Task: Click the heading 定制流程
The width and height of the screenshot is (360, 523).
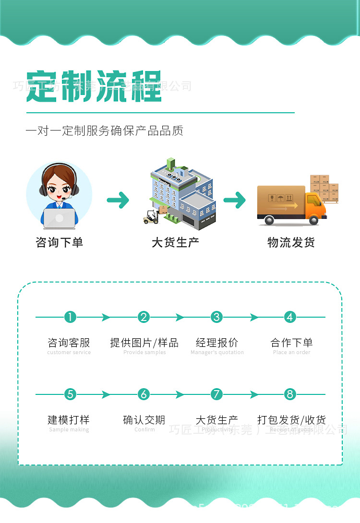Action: click(x=94, y=87)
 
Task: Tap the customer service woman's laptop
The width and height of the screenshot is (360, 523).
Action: click(x=59, y=218)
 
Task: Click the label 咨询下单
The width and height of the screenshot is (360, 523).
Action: click(x=59, y=242)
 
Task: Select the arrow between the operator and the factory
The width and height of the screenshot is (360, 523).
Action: click(x=118, y=200)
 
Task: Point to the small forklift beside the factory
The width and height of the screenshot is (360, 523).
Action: click(x=151, y=217)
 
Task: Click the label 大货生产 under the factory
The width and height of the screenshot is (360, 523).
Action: click(x=175, y=242)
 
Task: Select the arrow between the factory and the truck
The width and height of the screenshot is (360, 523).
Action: click(x=235, y=200)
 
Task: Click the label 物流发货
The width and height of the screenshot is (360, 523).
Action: click(x=291, y=242)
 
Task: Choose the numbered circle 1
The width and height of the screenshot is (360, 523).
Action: click(x=70, y=317)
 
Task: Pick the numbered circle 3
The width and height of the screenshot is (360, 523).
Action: click(x=217, y=317)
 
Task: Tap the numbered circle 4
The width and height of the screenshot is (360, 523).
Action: click(x=289, y=317)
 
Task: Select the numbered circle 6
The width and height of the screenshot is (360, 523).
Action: click(x=144, y=394)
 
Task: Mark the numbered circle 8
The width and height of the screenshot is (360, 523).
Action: click(x=289, y=394)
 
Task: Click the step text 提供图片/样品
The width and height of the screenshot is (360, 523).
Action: click(x=144, y=343)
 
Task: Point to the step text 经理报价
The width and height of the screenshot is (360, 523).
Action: click(x=217, y=343)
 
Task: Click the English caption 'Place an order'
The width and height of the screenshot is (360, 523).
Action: click(x=291, y=353)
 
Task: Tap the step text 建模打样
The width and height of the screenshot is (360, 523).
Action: click(x=69, y=420)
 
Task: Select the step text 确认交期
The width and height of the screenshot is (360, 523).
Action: click(x=144, y=420)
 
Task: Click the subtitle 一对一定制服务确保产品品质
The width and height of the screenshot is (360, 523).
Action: click(x=104, y=131)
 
